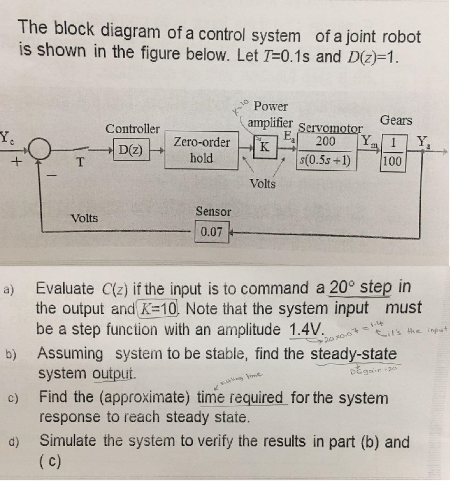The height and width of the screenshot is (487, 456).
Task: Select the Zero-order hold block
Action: [x=201, y=150]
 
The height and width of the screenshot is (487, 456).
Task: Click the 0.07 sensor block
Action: [x=212, y=233]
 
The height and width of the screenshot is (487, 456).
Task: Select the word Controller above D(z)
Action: [x=132, y=128]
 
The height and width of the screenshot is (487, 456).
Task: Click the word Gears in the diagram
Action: [x=396, y=120]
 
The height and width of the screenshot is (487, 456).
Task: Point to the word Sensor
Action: [x=213, y=212]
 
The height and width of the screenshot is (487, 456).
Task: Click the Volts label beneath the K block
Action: [x=263, y=184]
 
